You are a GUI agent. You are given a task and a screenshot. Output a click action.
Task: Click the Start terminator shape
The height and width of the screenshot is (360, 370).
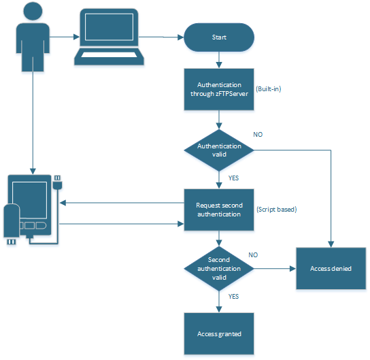218,37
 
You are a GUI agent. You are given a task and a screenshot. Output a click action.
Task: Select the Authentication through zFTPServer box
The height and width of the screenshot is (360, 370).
218,89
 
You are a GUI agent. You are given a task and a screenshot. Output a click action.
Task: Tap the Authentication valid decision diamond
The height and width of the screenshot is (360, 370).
218,150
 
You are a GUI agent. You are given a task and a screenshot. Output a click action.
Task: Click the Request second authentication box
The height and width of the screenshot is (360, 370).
218,210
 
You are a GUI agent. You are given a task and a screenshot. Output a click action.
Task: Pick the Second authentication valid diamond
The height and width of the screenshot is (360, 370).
218,268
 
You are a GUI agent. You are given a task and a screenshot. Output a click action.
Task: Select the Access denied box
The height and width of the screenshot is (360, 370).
331,268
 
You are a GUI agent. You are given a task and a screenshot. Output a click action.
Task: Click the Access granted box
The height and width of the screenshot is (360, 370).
218,333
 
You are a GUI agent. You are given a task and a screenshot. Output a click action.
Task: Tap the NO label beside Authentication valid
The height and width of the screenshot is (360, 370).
258,135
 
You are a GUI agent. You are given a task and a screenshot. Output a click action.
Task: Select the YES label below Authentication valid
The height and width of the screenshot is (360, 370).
232,178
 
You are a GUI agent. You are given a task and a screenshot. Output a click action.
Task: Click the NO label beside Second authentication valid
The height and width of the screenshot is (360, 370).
253,255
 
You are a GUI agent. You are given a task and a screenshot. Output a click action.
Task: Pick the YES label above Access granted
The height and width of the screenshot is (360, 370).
232,297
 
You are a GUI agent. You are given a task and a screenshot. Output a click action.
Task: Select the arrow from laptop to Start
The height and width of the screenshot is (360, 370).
163,37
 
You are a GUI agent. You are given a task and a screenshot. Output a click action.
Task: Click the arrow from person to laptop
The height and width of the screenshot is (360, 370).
62,37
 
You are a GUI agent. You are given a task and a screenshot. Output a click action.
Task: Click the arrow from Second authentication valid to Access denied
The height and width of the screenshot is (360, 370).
273,268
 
